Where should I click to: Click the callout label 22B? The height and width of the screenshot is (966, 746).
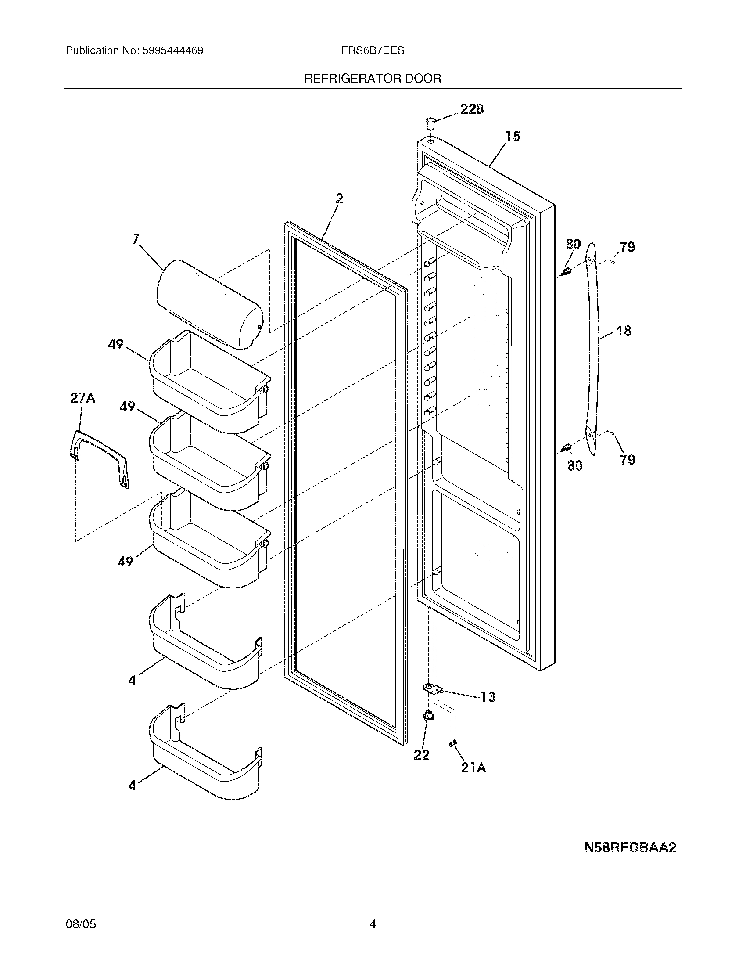pyautogui.click(x=472, y=109)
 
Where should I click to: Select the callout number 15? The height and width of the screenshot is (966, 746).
pyautogui.click(x=513, y=136)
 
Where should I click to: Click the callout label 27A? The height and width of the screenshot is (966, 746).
pyautogui.click(x=82, y=398)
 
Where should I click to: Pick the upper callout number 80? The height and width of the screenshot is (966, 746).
pyautogui.click(x=573, y=244)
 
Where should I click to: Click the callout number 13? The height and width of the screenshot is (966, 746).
pyautogui.click(x=488, y=697)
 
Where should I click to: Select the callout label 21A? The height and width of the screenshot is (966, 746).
pyautogui.click(x=473, y=768)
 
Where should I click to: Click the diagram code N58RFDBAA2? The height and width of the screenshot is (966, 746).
pyautogui.click(x=630, y=847)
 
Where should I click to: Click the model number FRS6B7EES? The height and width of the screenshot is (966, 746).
pyautogui.click(x=372, y=51)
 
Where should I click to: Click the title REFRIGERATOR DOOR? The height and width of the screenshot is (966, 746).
pyautogui.click(x=373, y=79)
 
